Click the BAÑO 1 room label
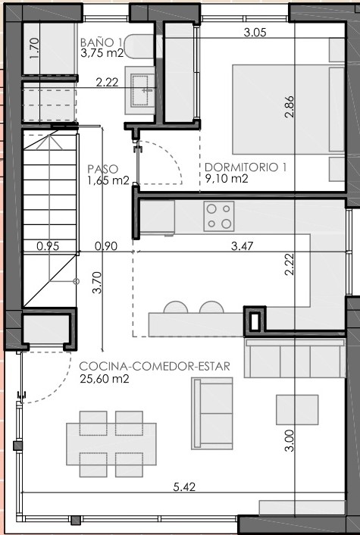pyautogui.click(x=101, y=42)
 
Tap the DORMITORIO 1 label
pyautogui.click(x=246, y=167)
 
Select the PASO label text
pyautogui.click(x=103, y=169)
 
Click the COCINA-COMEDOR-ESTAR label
pyautogui.click(x=155, y=367)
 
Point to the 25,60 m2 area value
pyautogui.click(x=105, y=379)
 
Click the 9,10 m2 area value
pyautogui.click(x=227, y=178)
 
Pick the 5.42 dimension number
pyautogui.click(x=184, y=487)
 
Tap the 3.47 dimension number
pyautogui.click(x=242, y=246)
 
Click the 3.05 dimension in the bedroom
pyautogui.click(x=255, y=33)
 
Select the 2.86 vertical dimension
pyautogui.click(x=289, y=107)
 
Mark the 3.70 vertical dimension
pyautogui.click(x=97, y=282)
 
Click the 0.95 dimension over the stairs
pyautogui.click(x=48, y=246)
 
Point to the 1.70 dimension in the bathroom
pyautogui.click(x=34, y=48)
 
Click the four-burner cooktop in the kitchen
pyautogui.click(x=219, y=216)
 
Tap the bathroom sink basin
pyautogui.click(x=140, y=90)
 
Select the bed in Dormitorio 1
pyautogui.click(x=288, y=109)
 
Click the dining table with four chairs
pyautogui.click(x=111, y=444)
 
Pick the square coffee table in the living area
pyautogui.click(x=297, y=409)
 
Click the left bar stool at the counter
pyautogui.click(x=176, y=307)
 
